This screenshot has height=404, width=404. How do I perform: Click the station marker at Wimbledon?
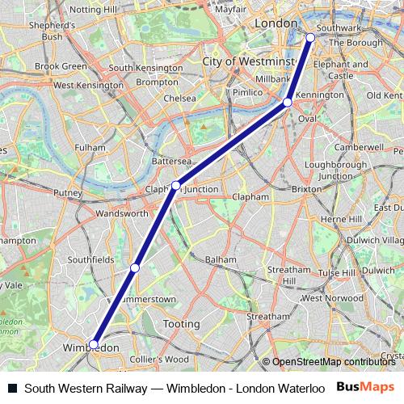94,344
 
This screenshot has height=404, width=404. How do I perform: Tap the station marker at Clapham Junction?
175,186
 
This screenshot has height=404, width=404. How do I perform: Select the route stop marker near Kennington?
288,103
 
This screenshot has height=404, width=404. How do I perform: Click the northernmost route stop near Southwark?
310,37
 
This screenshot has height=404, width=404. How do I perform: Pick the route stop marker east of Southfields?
135,267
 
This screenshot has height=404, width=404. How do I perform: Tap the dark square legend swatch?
11,388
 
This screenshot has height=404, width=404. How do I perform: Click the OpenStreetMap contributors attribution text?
334,362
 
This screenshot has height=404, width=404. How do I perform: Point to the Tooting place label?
182,324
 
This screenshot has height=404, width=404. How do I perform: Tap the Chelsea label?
179,98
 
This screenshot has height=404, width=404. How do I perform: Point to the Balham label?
221,259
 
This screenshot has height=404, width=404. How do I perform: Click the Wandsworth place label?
121,214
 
